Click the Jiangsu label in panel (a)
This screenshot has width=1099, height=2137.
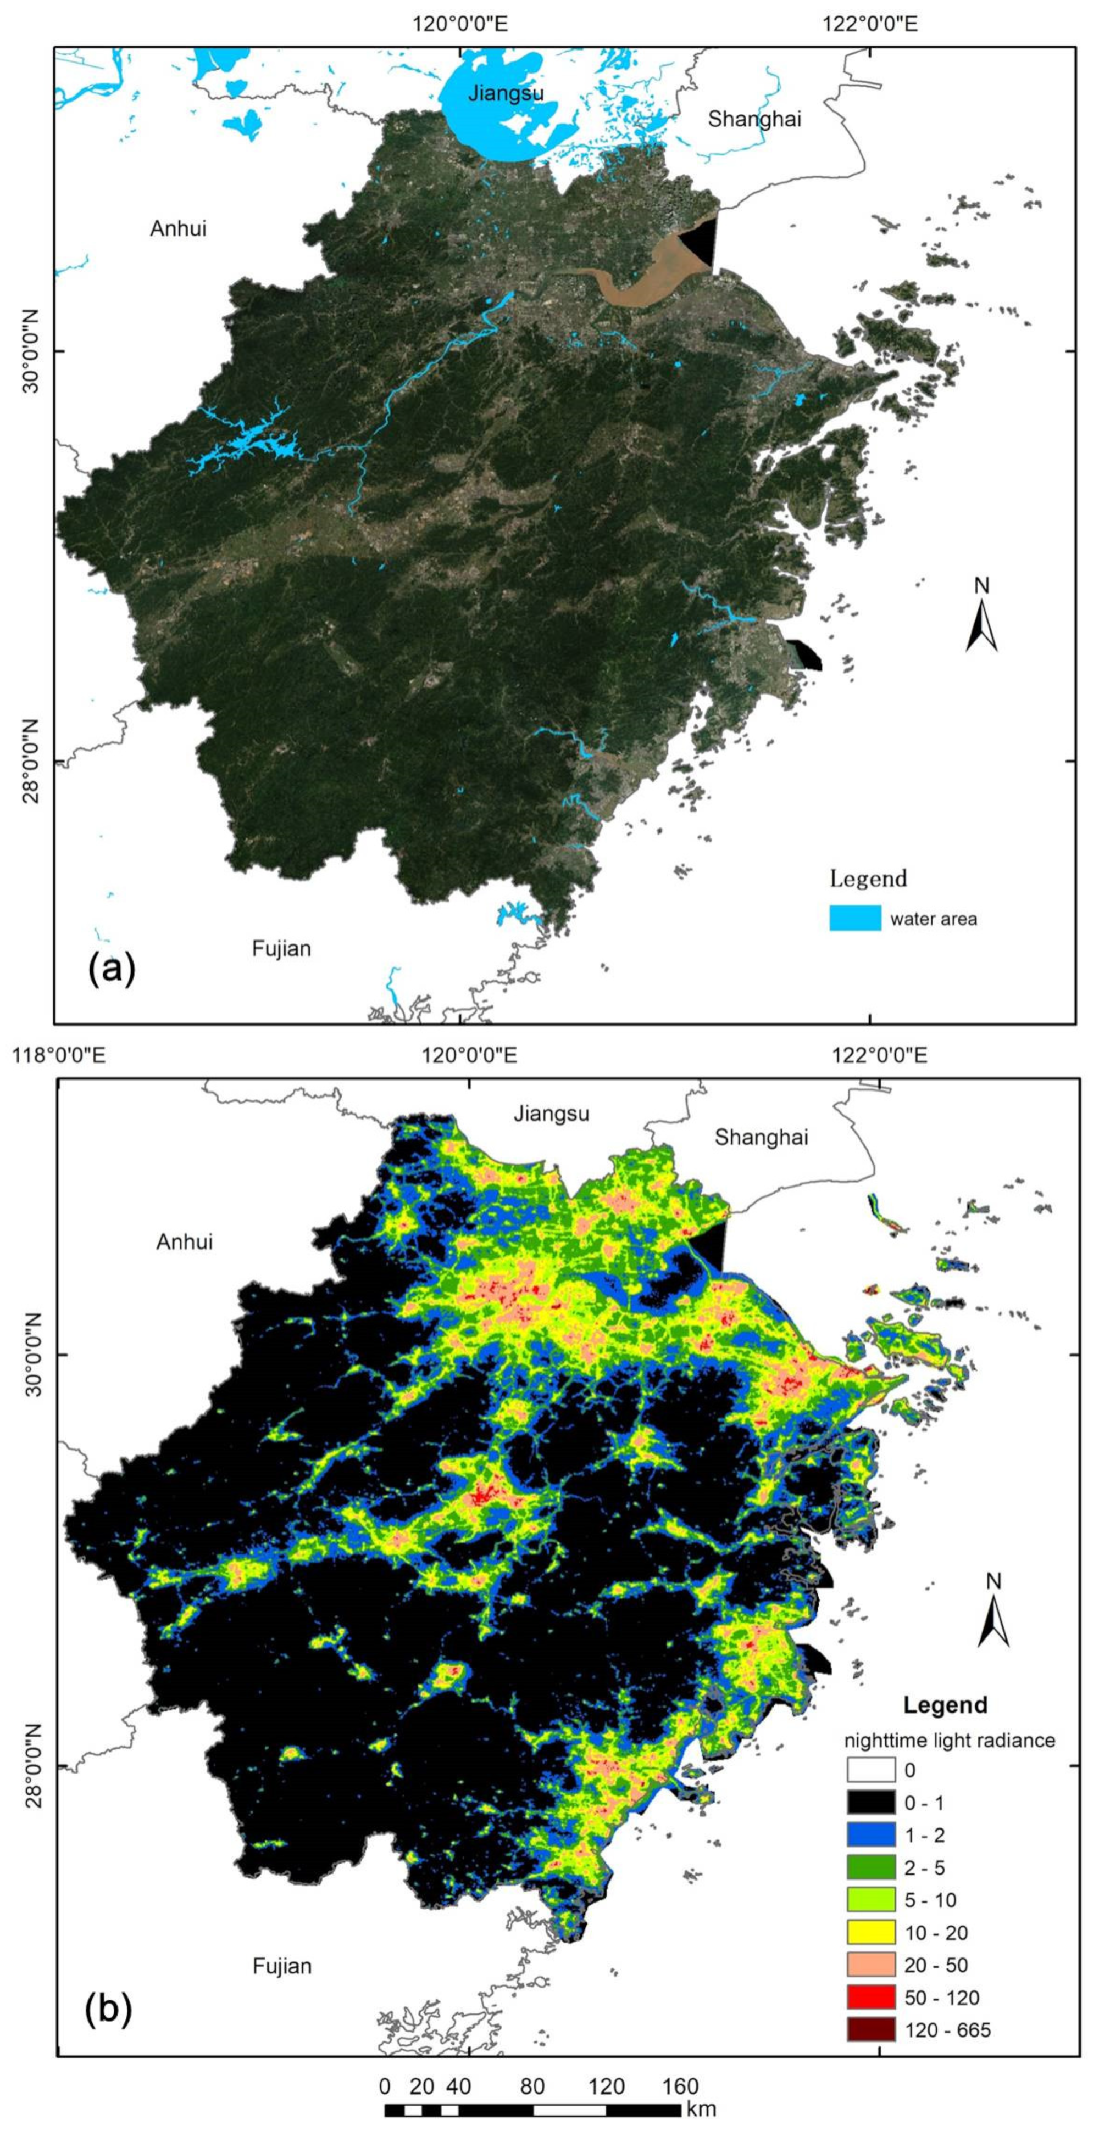[x=506, y=92]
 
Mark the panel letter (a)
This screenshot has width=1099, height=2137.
[x=111, y=968]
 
